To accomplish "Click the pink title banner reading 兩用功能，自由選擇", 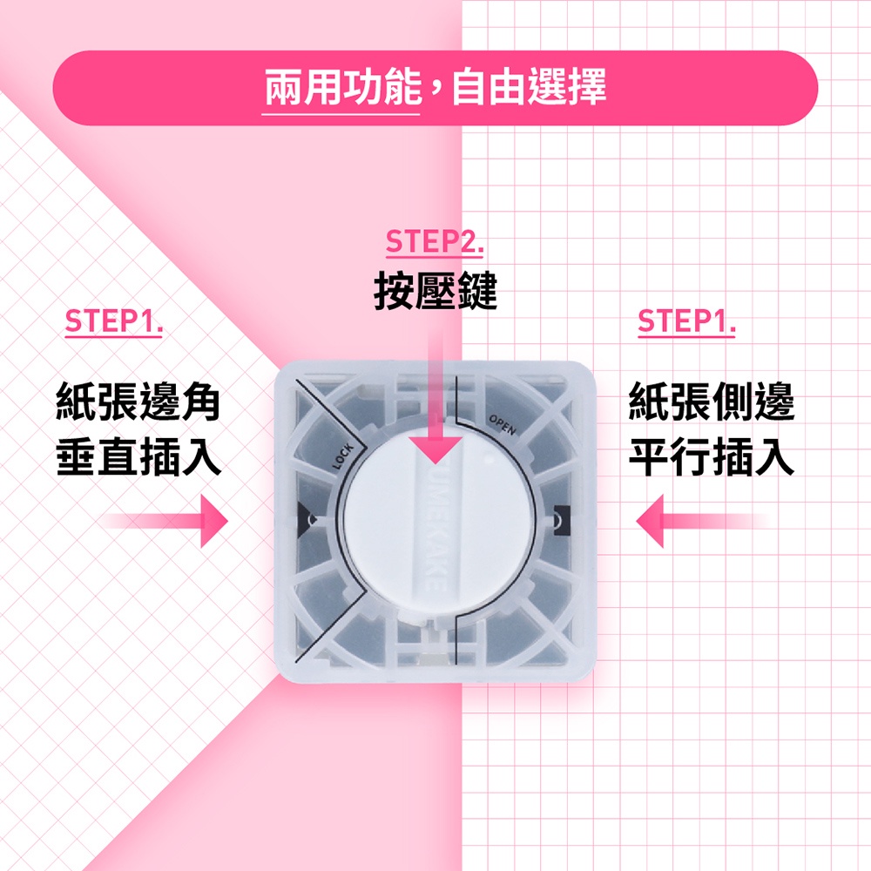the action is (435, 88).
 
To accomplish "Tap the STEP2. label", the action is (435, 242).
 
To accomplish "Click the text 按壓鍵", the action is (435, 291).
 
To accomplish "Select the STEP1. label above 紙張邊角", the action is (114, 321).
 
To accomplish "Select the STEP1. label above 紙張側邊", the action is (686, 321).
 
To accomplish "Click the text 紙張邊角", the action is (138, 401).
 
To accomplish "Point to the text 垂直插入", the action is (138, 456).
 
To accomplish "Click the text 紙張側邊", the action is (712, 401).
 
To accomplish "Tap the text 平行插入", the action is (712, 456).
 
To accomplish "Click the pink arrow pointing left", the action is (701, 521).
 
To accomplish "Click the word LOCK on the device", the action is (342, 456).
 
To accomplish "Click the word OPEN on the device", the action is (503, 425).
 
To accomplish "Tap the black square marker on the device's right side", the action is (562, 521).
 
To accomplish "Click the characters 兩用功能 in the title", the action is (342, 87).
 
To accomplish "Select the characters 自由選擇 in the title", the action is (529, 87).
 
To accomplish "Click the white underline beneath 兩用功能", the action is (341, 114).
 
